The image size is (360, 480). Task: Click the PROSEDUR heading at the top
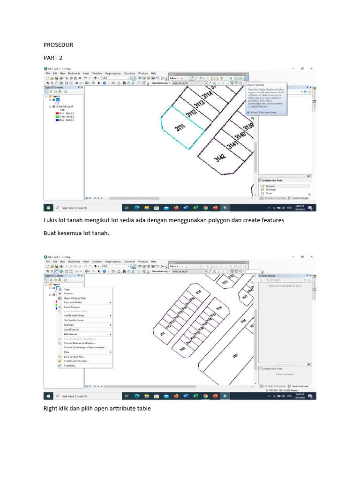pyautogui.click(x=58, y=45)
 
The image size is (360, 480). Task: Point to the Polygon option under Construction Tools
pyautogui.click(x=270, y=186)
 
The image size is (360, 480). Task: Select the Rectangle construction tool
pyautogui.click(x=271, y=189)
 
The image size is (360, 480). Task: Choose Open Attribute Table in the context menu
pyautogui.click(x=75, y=298)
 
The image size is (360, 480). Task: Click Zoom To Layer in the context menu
pyautogui.click(x=72, y=307)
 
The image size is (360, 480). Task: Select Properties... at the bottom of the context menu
pyautogui.click(x=70, y=365)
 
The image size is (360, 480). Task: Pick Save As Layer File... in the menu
pyautogui.click(x=74, y=356)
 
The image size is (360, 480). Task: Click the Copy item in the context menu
pyautogui.click(x=67, y=289)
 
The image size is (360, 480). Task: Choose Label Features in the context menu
pyautogui.click(x=71, y=329)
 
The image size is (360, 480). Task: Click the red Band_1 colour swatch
pyautogui.click(x=56, y=113)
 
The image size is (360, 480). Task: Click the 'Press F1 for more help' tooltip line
pyautogui.click(x=263, y=112)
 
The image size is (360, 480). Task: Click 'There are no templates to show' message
pyautogui.click(x=285, y=285)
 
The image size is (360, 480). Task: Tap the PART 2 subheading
pyautogui.click(x=52, y=58)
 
